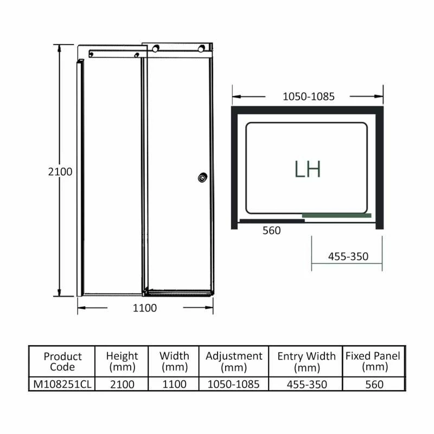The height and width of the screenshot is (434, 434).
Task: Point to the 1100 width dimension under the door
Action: point(145,308)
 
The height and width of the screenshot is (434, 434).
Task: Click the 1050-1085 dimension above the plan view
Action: point(309,97)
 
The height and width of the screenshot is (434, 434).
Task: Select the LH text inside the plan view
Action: point(308,169)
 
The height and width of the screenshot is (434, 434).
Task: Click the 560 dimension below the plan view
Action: point(271,231)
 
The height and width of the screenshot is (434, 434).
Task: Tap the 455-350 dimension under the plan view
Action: point(348,257)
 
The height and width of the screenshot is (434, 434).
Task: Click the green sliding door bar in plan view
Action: point(336,215)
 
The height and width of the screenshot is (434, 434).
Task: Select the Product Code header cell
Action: point(62,361)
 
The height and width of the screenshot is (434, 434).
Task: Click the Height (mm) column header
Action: point(122,361)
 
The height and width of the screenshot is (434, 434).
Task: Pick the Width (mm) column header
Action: point(174,361)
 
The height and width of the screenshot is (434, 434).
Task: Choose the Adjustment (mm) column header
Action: point(234,361)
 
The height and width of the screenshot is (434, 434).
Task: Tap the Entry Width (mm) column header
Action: point(307,361)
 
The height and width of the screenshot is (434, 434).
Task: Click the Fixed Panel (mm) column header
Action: point(373,361)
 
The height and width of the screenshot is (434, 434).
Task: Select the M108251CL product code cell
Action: point(62,384)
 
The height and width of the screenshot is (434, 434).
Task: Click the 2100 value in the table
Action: point(122,384)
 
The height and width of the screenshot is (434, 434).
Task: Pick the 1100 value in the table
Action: point(174,384)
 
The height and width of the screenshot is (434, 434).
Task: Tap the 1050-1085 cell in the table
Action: point(234,384)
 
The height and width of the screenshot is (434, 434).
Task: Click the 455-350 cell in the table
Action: point(307,384)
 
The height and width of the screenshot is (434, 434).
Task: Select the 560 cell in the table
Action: point(373,384)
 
